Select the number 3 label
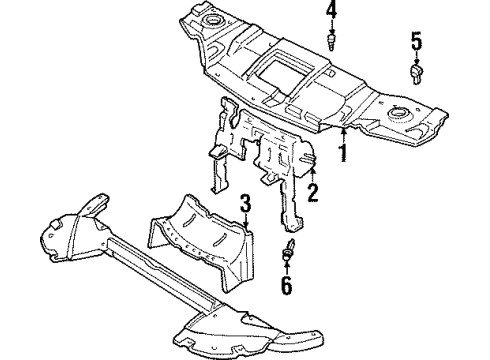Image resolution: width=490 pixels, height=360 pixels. (244, 207)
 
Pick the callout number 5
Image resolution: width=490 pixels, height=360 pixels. (416, 41)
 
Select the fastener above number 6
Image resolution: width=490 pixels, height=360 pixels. (291, 251)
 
